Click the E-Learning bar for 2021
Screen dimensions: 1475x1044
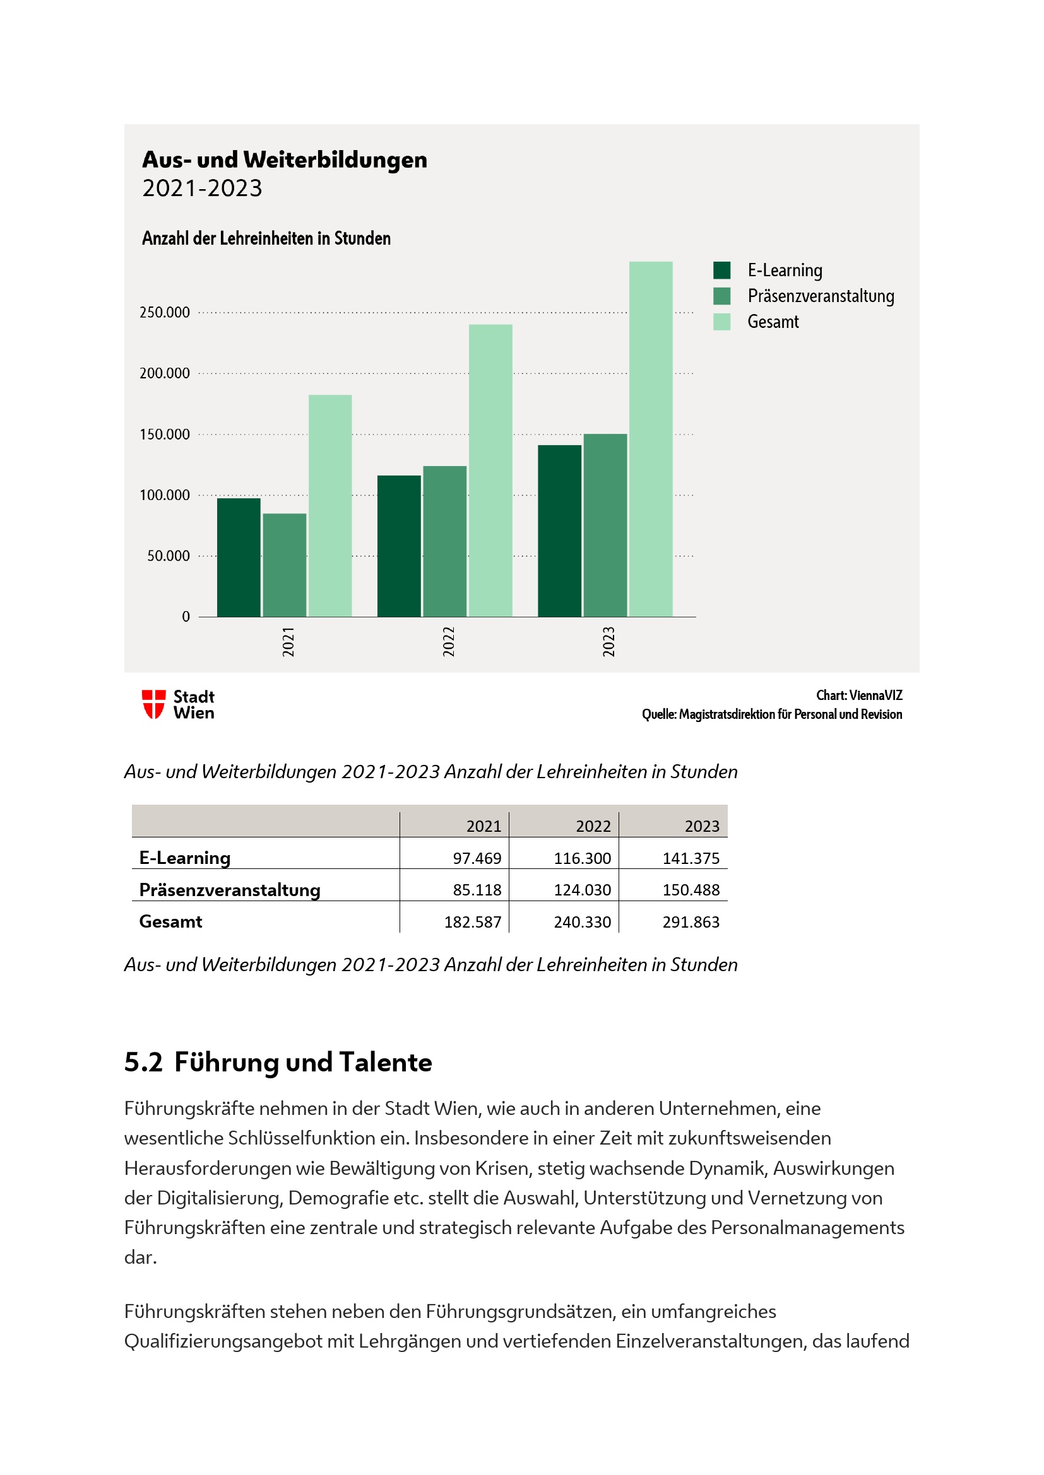click(x=239, y=557)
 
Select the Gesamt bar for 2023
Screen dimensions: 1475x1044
click(x=651, y=439)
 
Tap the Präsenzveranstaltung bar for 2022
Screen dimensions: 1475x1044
click(x=445, y=541)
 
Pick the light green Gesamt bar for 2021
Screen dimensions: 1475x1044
click(x=329, y=506)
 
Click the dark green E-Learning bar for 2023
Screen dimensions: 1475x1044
click(x=559, y=530)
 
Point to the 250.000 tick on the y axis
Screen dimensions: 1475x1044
click(x=165, y=312)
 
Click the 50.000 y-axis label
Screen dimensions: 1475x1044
click(x=169, y=556)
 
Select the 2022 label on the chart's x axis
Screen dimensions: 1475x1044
click(x=448, y=641)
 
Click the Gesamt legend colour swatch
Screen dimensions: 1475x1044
click(x=721, y=322)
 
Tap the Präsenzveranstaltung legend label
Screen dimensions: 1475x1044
click(x=821, y=296)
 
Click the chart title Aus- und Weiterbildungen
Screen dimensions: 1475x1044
click(x=284, y=160)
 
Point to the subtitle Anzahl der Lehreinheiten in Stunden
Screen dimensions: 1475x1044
click(x=266, y=238)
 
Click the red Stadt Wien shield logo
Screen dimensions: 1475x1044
click(x=153, y=704)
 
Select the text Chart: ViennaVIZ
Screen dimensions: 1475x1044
click(x=859, y=695)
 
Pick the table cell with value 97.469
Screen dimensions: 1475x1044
click(x=477, y=858)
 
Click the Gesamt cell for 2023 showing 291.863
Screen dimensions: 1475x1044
click(x=691, y=922)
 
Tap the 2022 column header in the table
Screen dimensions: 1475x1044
click(x=593, y=826)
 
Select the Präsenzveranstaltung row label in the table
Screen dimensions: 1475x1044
click(x=230, y=890)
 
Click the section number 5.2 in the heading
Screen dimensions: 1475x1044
click(x=143, y=1063)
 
